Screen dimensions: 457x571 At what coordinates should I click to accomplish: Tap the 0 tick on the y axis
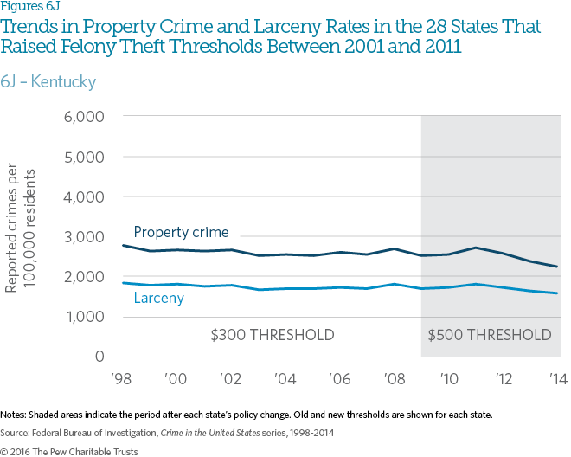tap(99, 357)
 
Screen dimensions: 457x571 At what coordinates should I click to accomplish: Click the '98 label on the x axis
tap(122, 378)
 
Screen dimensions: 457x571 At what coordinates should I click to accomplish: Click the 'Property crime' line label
tap(181, 232)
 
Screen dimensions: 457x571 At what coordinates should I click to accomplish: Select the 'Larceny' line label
tap(158, 299)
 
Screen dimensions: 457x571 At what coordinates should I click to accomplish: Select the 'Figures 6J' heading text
tap(27, 9)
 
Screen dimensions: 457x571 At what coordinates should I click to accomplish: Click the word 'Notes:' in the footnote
tap(16, 415)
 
